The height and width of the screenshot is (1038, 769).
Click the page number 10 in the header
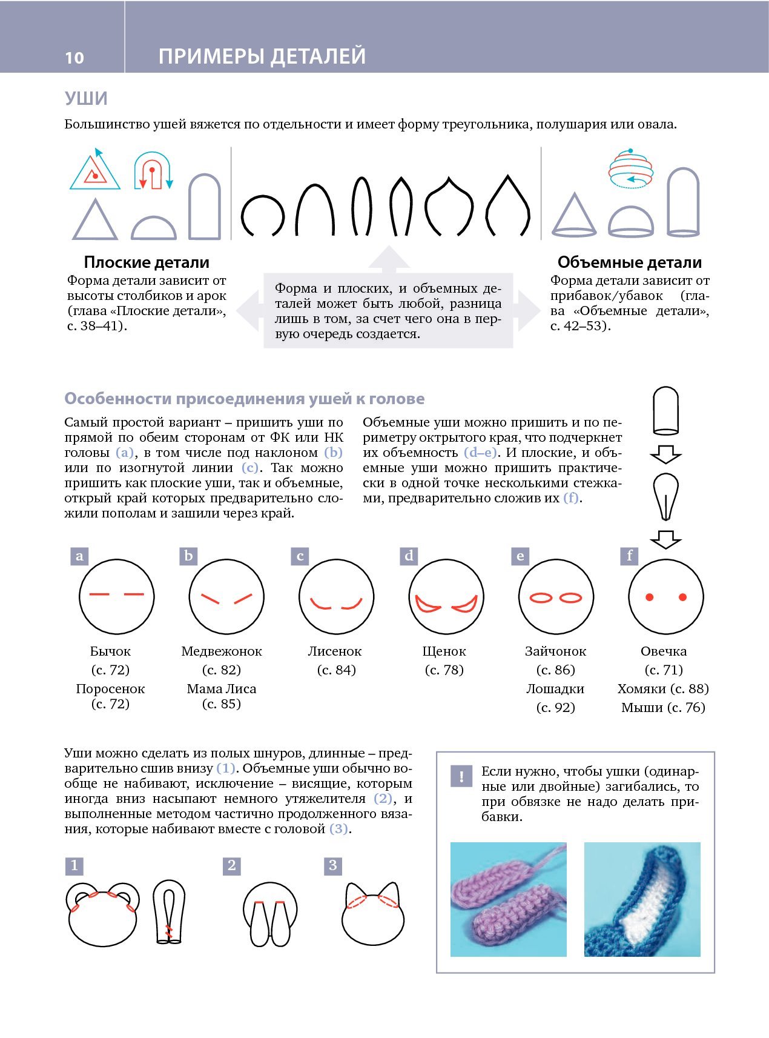[x=74, y=58]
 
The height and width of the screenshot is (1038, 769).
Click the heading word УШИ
[x=86, y=98]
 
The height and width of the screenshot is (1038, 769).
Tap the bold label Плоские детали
[x=147, y=262]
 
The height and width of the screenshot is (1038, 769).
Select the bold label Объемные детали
[x=629, y=262]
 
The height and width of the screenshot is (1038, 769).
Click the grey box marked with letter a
[x=79, y=556]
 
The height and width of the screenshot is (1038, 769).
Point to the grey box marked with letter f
[x=630, y=556]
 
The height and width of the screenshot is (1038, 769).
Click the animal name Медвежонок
[x=222, y=651]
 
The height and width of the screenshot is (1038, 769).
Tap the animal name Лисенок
[x=334, y=651]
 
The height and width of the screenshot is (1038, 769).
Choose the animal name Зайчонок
[x=555, y=651]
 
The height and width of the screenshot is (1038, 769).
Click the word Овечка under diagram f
[x=664, y=651]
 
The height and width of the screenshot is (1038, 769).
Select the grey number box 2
[x=232, y=865]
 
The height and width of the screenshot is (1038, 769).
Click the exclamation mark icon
[x=461, y=776]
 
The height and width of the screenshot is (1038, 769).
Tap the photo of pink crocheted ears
[x=508, y=899]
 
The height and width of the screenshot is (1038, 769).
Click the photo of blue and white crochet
[x=642, y=899]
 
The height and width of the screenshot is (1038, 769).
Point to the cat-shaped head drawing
[x=372, y=916]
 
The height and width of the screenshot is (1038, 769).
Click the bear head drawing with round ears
[x=102, y=915]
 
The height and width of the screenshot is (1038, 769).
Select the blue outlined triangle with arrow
[x=94, y=171]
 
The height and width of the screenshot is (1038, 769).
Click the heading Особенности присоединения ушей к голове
[x=245, y=399]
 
